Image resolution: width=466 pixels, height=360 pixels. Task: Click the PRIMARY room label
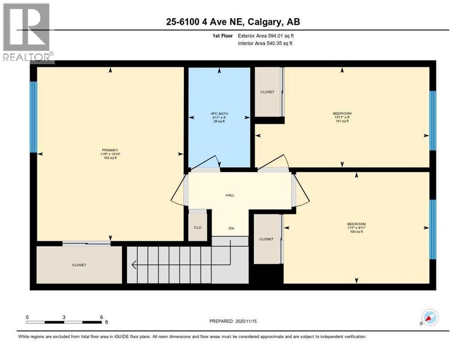coord(110,150)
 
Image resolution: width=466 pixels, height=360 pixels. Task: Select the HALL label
coord(230,195)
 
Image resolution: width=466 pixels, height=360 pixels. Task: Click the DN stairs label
coord(231,228)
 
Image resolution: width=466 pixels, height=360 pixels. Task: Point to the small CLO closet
coord(198,227)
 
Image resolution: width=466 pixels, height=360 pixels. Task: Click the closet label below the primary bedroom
coord(79,265)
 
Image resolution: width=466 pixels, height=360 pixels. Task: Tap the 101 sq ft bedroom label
coord(342,113)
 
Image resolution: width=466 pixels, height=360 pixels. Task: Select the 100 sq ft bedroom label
coord(356,224)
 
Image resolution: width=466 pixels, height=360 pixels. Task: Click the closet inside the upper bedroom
coord(267,92)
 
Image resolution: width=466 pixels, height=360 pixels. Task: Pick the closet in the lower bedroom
coord(266,239)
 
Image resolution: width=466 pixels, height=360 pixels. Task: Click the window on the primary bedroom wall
coord(33,117)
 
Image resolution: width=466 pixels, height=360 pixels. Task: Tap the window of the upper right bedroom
coord(433,120)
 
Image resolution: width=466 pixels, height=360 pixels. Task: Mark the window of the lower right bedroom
coord(433,229)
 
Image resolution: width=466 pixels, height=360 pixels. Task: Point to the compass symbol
coord(430,317)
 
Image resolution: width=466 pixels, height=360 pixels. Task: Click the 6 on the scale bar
coord(102,317)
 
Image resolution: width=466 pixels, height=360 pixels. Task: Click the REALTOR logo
coord(27,33)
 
